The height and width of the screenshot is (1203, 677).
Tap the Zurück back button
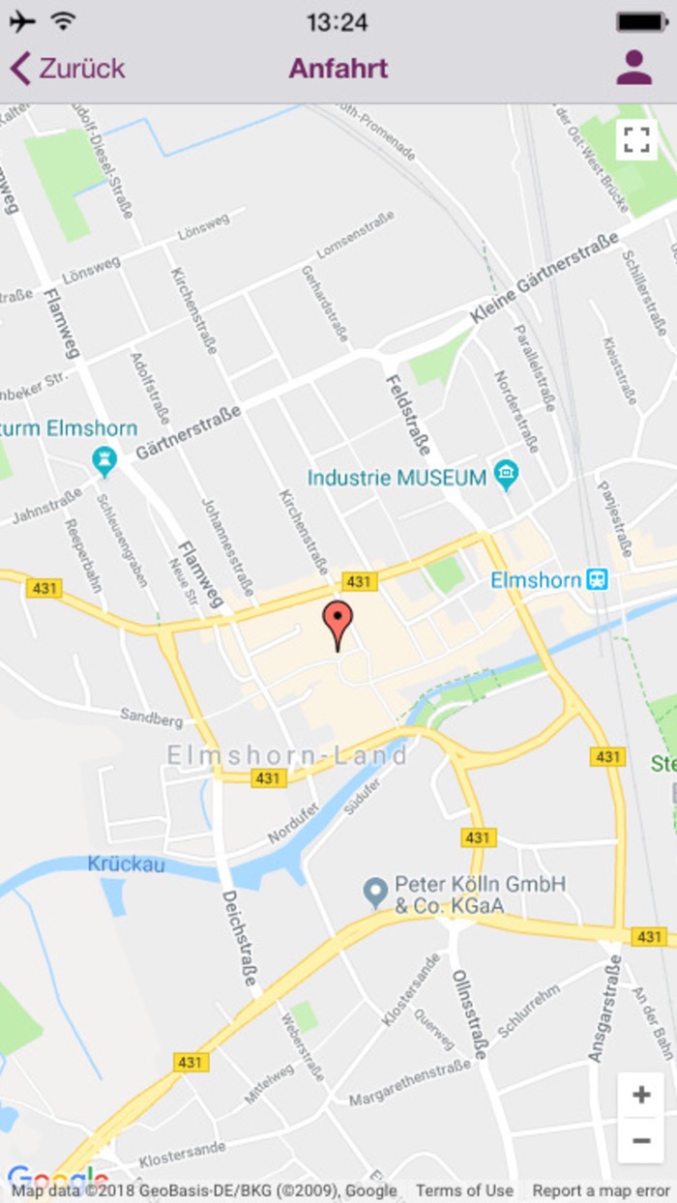(x=68, y=69)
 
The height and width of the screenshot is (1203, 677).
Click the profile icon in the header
(x=634, y=68)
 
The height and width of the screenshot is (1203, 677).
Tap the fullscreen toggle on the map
(x=636, y=139)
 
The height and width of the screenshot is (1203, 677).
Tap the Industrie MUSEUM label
(x=397, y=478)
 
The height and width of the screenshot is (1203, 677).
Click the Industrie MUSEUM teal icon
(x=506, y=475)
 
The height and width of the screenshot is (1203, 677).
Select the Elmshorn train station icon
(x=599, y=579)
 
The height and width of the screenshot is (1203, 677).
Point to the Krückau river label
(x=126, y=865)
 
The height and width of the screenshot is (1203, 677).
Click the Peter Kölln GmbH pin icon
(x=375, y=893)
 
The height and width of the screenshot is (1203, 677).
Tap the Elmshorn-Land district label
(x=287, y=755)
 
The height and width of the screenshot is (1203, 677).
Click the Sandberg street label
(x=151, y=718)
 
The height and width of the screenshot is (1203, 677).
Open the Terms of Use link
(x=464, y=1190)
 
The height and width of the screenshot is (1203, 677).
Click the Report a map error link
(x=601, y=1190)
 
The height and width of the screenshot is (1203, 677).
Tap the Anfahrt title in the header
(x=338, y=69)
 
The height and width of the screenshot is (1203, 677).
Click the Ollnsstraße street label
(x=469, y=1014)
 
